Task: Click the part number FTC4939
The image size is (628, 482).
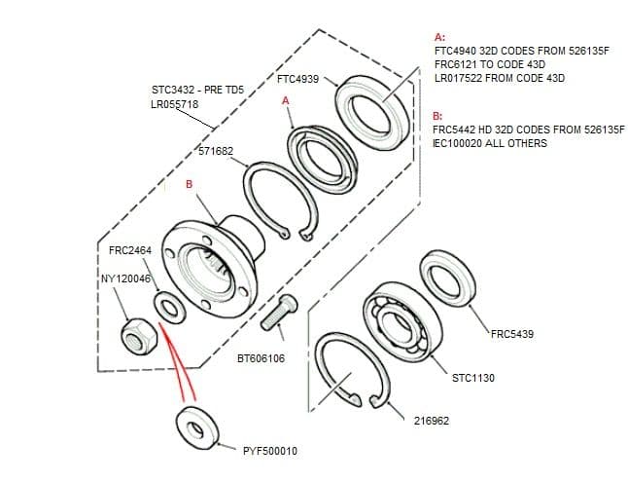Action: pyautogui.click(x=298, y=78)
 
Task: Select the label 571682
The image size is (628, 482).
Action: pyautogui.click(x=216, y=152)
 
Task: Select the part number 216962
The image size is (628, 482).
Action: pyautogui.click(x=431, y=420)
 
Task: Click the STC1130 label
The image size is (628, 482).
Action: pyautogui.click(x=473, y=377)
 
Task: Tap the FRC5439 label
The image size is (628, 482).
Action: pyautogui.click(x=511, y=334)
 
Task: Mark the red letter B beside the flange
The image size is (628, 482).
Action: pyautogui.click(x=190, y=184)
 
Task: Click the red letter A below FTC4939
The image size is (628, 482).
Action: pyautogui.click(x=285, y=101)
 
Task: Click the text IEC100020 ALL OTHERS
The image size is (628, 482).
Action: pyautogui.click(x=490, y=143)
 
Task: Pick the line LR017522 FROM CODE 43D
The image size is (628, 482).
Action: pyautogui.click(x=499, y=77)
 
